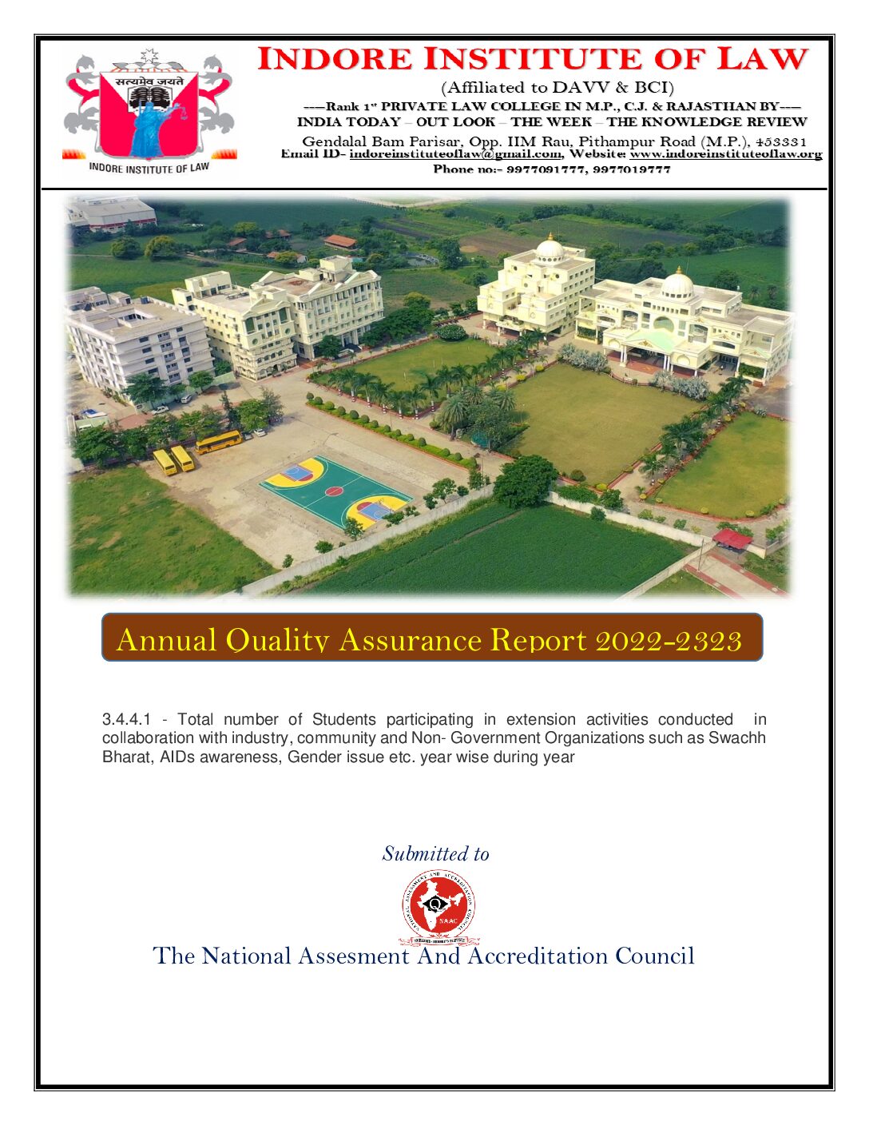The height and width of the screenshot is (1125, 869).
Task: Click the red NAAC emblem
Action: (x=438, y=906)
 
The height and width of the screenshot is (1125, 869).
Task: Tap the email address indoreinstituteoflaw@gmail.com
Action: (x=454, y=154)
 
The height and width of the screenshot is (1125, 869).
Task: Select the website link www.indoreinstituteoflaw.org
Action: (x=725, y=154)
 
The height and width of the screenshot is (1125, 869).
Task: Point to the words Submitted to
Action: (x=435, y=854)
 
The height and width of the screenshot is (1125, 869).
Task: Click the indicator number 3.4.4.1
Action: (x=126, y=720)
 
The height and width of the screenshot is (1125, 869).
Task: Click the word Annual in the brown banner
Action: (x=166, y=641)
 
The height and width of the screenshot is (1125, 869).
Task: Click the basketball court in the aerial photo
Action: (x=335, y=491)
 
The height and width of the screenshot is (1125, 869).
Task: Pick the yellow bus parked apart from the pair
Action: (x=218, y=441)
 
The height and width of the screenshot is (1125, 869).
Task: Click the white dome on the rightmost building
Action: (x=677, y=284)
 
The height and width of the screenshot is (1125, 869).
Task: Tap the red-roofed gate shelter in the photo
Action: (x=732, y=539)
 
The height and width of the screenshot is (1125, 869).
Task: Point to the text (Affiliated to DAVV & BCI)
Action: (x=557, y=87)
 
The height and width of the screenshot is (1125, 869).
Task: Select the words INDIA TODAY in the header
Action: (x=348, y=122)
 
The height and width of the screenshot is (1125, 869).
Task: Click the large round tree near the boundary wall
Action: (x=525, y=479)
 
